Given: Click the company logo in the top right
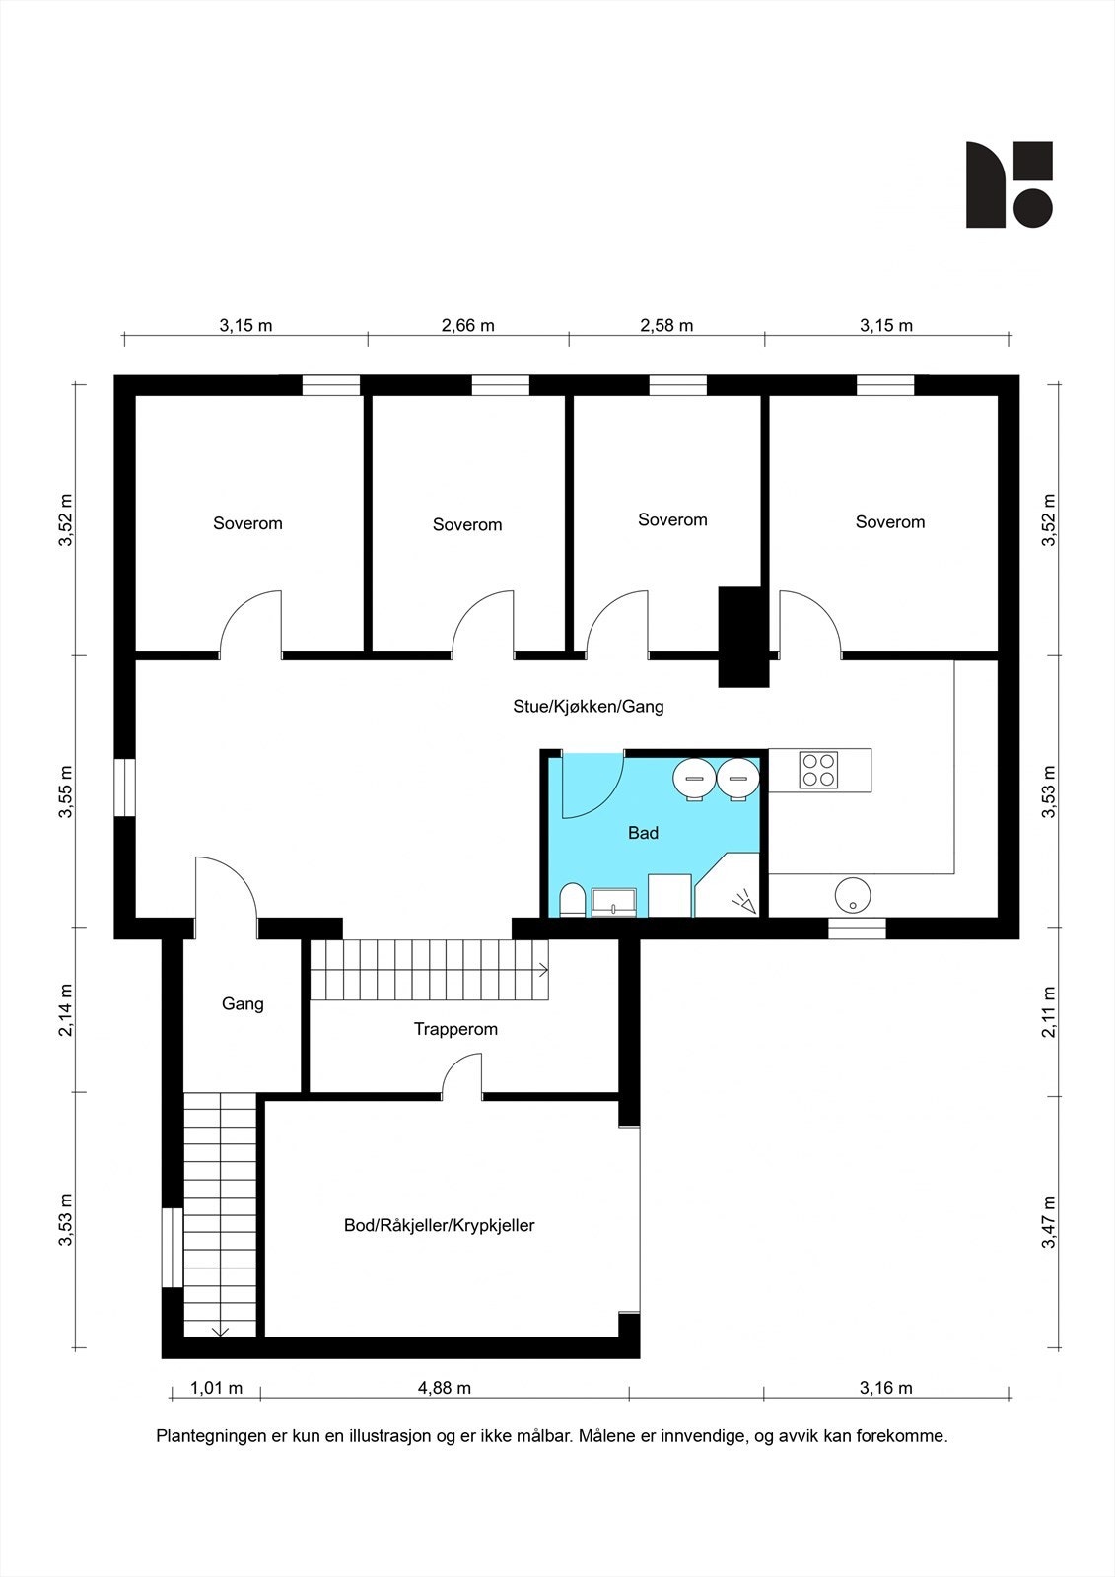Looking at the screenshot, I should tap(1009, 184).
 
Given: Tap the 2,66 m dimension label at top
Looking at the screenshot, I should tap(467, 325).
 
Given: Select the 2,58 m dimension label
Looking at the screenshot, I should tap(666, 325).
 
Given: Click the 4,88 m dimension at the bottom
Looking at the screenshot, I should tap(444, 1388).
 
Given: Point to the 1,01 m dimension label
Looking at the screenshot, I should tap(216, 1388).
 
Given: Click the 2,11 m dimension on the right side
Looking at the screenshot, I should tap(1049, 1011).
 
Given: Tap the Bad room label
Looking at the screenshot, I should tap(643, 833).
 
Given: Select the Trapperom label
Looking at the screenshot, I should tap(455, 1029).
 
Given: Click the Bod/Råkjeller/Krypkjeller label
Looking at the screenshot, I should tap(439, 1226).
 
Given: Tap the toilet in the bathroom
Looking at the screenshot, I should tap(571, 900).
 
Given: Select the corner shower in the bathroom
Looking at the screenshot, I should tap(731, 887).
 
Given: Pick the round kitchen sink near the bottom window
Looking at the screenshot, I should tap(852, 896).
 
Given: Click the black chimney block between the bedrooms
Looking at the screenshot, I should tap(742, 636).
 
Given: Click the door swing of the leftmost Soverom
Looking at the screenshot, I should tap(251, 623).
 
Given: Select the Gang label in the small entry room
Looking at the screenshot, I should tap(243, 1004).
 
